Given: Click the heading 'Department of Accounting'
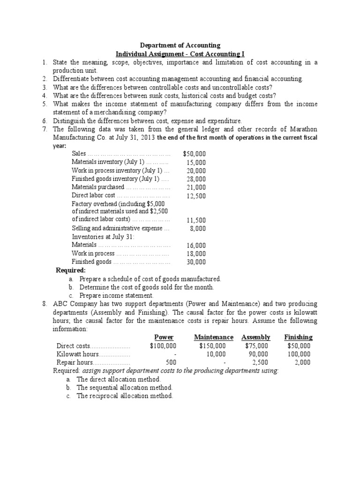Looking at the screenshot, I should click(180, 45).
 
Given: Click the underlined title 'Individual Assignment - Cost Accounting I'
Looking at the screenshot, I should click(180, 54).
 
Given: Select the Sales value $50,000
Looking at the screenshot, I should click(194, 154).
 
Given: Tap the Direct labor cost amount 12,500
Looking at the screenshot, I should click(196, 196).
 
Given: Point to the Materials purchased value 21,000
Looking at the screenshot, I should click(196, 187).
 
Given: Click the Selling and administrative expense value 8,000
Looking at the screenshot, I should click(197, 229).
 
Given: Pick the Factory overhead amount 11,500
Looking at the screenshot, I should click(196, 220).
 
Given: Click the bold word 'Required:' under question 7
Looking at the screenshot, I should click(71, 270).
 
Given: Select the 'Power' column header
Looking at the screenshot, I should click(164, 337).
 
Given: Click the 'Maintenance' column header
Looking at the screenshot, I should click(213, 337).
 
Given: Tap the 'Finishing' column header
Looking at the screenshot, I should click(298, 337).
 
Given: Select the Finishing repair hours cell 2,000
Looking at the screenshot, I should click(301, 363).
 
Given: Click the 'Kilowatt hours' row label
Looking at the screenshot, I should click(77, 354).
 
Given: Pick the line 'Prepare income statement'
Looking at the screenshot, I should click(116, 296).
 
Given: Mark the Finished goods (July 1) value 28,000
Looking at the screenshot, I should click(196, 179).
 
